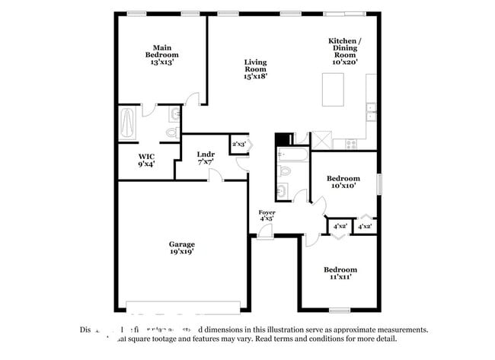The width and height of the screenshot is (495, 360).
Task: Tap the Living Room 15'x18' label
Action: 255,69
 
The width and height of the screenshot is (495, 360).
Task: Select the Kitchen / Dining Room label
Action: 345,51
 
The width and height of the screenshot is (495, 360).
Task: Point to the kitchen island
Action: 332,91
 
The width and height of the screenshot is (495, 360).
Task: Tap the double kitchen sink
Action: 371,112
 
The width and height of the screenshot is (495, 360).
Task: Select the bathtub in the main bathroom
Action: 127,123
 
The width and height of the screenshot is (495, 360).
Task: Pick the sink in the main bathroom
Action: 175,115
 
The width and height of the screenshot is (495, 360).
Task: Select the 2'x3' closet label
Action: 238,143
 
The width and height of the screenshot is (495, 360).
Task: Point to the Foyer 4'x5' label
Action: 267,215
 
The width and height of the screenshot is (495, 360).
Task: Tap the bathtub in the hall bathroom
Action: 293,156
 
